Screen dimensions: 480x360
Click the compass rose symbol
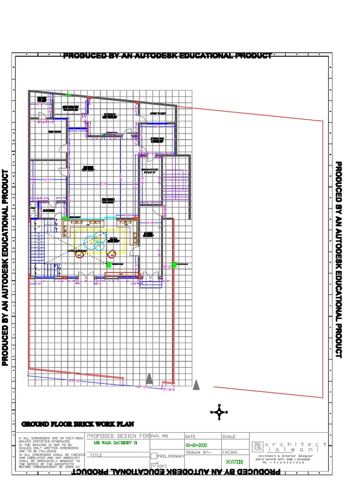pyautogui.click(x=219, y=412)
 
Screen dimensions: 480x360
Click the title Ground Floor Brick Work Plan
pyautogui.click(x=77, y=424)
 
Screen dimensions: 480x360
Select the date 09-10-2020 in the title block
pyautogui.click(x=196, y=445)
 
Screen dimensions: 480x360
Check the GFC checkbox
pyautogui.click(x=154, y=465)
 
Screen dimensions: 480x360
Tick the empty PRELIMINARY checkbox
pyautogui.click(x=154, y=456)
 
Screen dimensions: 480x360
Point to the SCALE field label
pyautogui.click(x=229, y=436)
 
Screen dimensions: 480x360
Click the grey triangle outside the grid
pyautogui.click(x=196, y=384)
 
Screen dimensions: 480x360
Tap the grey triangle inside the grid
pyautogui.click(x=149, y=378)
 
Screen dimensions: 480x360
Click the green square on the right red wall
pyautogui.click(x=174, y=265)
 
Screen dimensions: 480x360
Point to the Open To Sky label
pyautogui.click(x=158, y=113)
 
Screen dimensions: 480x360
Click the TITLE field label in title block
pyautogui.click(x=96, y=455)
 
